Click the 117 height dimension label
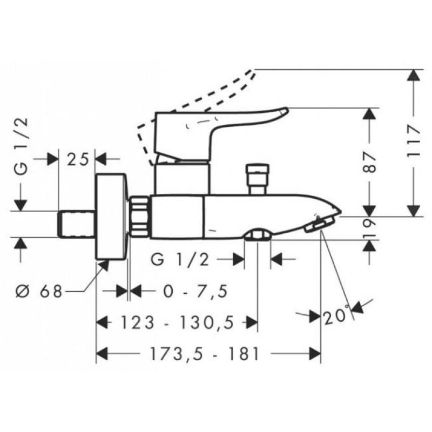coord(414,141)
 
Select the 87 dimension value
coord(369,163)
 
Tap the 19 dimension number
coord(369,228)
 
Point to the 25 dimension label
coord(78,159)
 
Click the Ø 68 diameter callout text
coord(39,291)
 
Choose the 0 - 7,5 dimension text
coord(195,291)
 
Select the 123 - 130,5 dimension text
coord(178,322)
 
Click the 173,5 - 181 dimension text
coord(205,354)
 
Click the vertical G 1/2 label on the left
coord(21,146)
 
